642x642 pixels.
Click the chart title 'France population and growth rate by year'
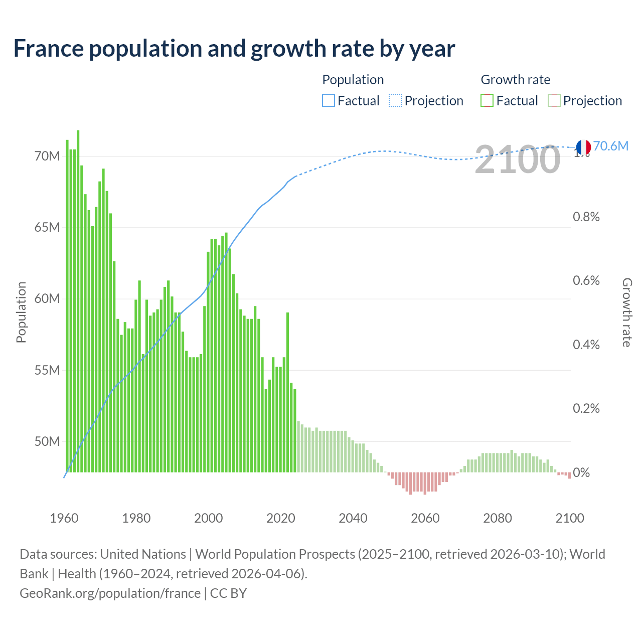click(x=234, y=49)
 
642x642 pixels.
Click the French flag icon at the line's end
click(x=583, y=147)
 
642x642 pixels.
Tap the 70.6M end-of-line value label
click(x=610, y=146)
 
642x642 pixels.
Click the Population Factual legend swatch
click(x=328, y=101)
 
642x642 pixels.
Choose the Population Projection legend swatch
click(x=395, y=101)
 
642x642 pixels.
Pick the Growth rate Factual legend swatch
click(x=487, y=101)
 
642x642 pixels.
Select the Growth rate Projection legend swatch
click(x=554, y=101)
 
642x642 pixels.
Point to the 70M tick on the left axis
click(x=47, y=156)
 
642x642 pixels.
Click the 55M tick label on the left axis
click(x=47, y=370)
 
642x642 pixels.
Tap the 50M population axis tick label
click(x=47, y=441)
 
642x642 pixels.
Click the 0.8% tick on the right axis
click(x=586, y=217)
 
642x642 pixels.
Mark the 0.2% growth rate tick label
click(x=586, y=408)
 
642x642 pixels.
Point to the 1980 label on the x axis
click(x=136, y=518)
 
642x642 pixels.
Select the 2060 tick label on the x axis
click(x=425, y=518)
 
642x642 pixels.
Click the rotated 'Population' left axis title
click(x=21, y=312)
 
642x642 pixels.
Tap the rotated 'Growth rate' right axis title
click(x=626, y=312)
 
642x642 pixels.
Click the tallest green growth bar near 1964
click(x=78, y=301)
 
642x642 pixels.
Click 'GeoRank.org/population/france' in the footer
click(x=110, y=593)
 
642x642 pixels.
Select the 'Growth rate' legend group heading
click(x=515, y=80)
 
